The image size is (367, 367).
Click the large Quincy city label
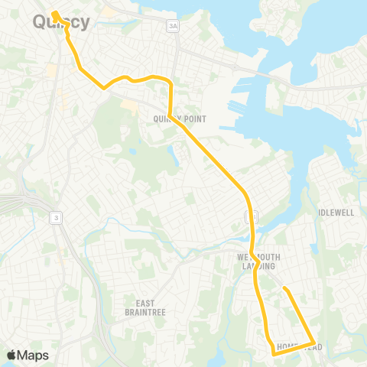61,22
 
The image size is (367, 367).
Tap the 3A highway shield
173,26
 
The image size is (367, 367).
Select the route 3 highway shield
55,218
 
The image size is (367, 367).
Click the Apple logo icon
12,355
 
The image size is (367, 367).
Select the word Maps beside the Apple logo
34,355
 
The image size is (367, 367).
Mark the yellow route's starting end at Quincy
55,13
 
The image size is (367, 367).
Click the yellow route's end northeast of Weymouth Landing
284,288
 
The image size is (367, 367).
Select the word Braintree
145,312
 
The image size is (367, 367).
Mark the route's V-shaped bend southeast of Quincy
105,87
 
